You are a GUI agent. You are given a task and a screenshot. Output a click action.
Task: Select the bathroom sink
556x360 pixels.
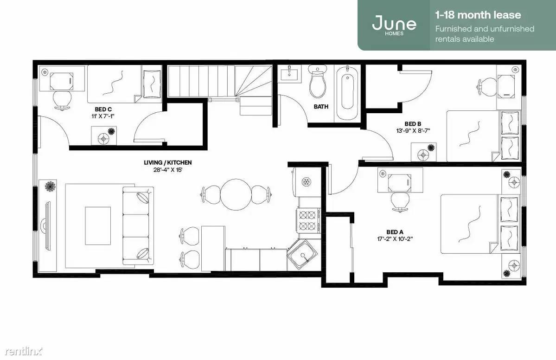[x=289, y=74]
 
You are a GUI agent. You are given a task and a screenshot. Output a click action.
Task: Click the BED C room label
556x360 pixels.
[x=103, y=109]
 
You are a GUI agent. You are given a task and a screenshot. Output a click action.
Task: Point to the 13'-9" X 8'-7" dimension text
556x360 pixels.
[x=413, y=130]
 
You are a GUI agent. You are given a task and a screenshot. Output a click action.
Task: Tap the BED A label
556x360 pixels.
[x=395, y=232]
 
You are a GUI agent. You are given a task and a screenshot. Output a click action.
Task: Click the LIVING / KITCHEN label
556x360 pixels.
[x=168, y=162]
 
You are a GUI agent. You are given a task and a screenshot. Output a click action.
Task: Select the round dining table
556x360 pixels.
[x=236, y=195]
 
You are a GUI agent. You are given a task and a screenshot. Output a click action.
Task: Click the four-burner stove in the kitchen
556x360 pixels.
[x=308, y=220]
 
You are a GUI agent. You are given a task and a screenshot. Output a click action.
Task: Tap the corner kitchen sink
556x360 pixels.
[x=302, y=255]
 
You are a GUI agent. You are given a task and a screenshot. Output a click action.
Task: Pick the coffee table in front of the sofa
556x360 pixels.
[x=98, y=226]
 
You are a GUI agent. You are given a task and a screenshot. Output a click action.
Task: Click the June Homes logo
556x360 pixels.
[x=394, y=25]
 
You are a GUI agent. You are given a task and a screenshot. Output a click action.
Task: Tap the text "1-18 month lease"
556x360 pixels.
[x=478, y=15]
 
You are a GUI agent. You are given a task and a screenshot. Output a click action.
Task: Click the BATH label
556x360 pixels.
[x=321, y=106]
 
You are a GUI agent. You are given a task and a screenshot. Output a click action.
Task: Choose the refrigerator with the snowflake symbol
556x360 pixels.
[x=306, y=182]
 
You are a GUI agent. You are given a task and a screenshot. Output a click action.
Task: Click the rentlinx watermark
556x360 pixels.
[x=23, y=351]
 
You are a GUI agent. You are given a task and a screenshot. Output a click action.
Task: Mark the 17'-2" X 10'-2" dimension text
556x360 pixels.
[x=395, y=239]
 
